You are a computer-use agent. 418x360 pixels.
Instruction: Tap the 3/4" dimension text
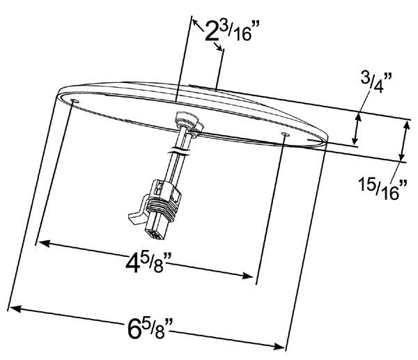(x=376, y=82)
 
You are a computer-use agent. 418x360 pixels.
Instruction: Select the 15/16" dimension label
(x=382, y=189)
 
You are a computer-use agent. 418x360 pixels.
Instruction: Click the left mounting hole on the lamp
(x=75, y=101)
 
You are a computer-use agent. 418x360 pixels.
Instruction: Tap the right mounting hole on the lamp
(x=285, y=134)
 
